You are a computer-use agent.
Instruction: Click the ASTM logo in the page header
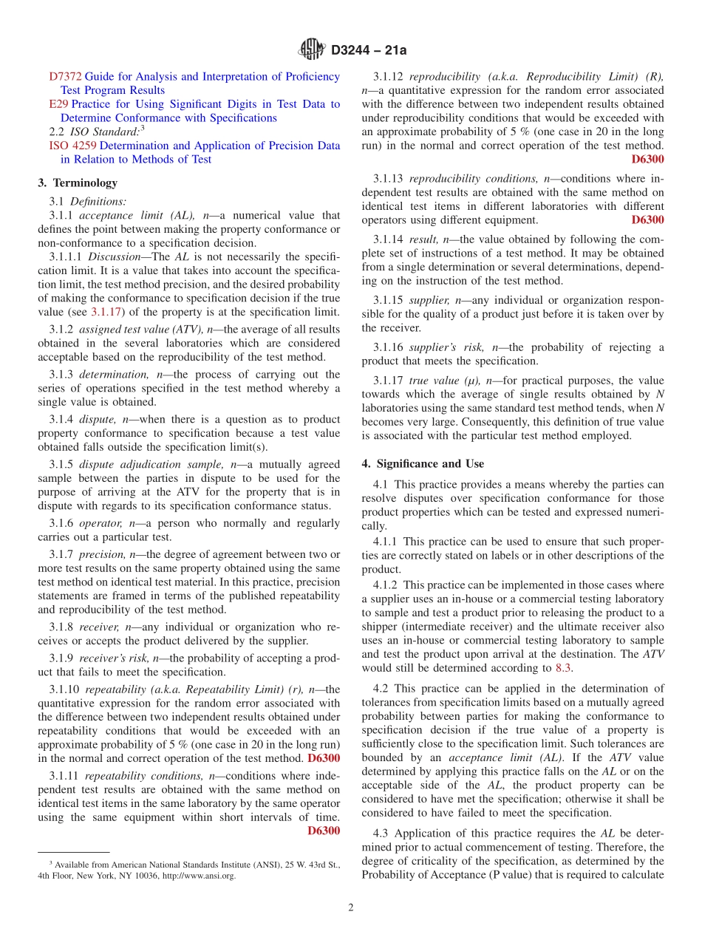pos(311,50)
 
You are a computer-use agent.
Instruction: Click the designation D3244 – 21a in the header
pos(369,50)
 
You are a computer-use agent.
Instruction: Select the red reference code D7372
pos(66,76)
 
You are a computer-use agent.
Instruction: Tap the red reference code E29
pos(58,104)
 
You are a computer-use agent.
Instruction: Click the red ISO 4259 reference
pos(72,146)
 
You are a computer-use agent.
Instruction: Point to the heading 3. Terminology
pos(78,183)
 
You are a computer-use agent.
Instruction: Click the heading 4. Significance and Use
pos(423,463)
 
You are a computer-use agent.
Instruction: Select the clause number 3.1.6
pos(64,523)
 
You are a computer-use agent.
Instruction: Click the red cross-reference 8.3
pos(563,668)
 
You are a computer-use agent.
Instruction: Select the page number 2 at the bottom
pos(351,907)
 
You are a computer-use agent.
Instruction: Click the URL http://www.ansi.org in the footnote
pos(200,876)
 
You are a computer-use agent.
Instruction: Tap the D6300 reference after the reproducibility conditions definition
pos(647,219)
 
